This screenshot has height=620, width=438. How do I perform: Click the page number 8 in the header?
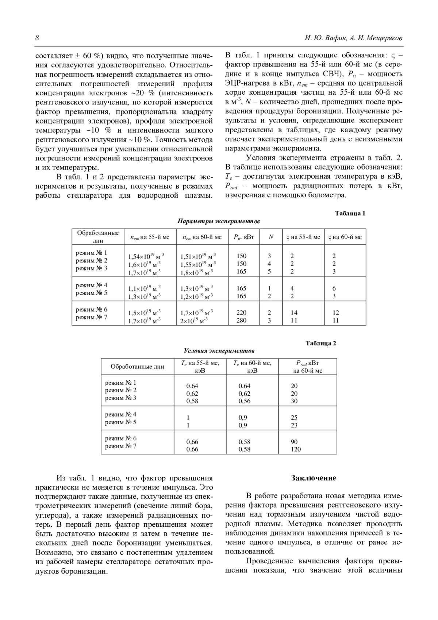tap(37, 38)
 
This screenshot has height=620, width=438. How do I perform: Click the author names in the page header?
tap(353, 38)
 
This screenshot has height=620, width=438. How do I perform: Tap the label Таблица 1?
tap(350, 213)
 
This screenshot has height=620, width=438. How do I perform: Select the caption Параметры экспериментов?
tap(219, 221)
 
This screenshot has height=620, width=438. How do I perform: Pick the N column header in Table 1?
tap(271, 237)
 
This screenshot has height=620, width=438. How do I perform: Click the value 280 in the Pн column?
tap(242, 320)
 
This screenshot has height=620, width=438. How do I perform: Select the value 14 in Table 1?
tap(294, 313)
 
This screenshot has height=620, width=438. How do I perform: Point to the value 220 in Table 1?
tap(242, 313)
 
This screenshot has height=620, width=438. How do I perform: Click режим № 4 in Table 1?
tap(91, 285)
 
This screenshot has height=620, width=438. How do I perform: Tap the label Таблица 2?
tap(321, 343)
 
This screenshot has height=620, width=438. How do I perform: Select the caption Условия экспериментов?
tap(219, 351)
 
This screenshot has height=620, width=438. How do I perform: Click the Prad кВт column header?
tap(307, 366)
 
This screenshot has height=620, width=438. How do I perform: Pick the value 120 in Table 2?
tap(296, 449)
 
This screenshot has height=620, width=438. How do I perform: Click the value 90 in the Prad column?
tap(294, 442)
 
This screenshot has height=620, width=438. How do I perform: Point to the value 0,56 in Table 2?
tap(245, 401)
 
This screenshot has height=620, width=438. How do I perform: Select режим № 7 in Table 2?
tap(121, 446)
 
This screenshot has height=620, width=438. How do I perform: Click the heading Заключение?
tap(314, 478)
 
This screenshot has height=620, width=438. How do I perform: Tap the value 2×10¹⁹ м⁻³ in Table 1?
tap(194, 320)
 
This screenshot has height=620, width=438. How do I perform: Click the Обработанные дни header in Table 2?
tap(137, 366)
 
